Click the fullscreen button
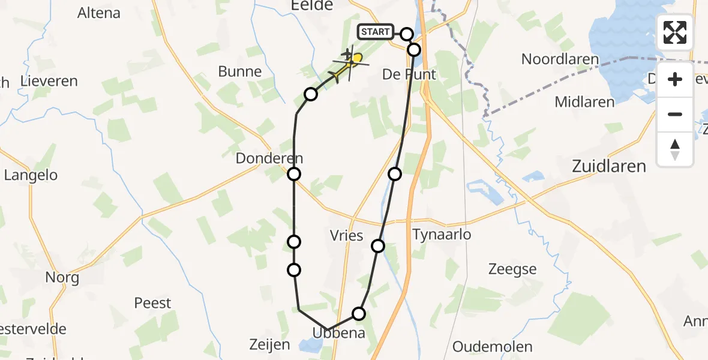(675, 32)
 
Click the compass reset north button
(675, 149)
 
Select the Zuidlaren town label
(609, 166)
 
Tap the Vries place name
(347, 235)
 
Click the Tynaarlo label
(442, 235)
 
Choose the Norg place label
(62, 278)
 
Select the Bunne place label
(240, 71)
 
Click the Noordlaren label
(560, 59)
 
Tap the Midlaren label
(584, 102)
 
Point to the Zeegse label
(512, 269)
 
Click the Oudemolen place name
(493, 347)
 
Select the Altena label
(99, 13)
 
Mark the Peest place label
(152, 303)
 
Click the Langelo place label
(31, 175)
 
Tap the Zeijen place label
(269, 345)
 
